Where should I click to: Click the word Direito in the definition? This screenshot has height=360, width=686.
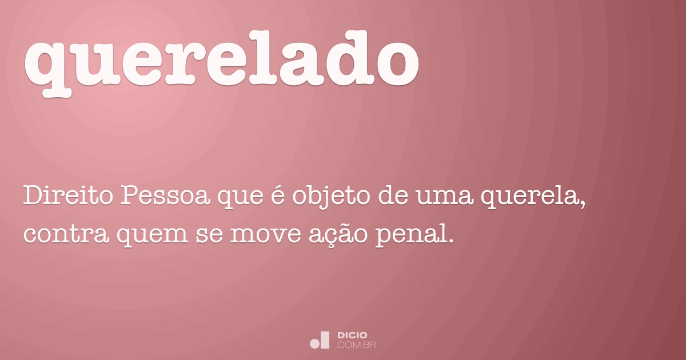67,197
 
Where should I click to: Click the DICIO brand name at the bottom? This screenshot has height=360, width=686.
352,335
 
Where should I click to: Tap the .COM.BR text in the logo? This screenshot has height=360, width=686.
357,345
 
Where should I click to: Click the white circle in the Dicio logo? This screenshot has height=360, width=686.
314,343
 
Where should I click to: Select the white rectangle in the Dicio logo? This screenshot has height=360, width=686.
325,340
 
